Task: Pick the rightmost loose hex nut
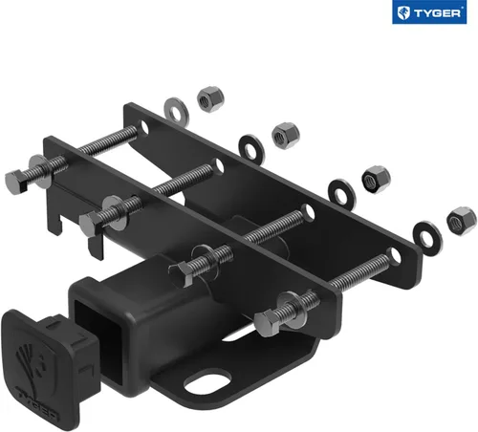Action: coord(461,219)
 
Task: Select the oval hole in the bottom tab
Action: coord(206,381)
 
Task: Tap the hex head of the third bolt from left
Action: coord(182,270)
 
